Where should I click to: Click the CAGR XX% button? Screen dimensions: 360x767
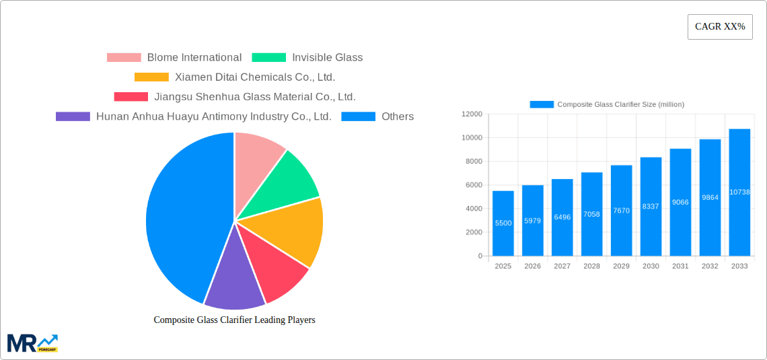[x=720, y=27]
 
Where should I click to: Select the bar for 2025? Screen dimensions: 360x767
[x=503, y=223]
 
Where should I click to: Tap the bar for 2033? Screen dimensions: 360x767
[x=739, y=192]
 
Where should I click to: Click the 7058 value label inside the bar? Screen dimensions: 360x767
[x=591, y=214]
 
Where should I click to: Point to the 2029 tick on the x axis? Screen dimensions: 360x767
[x=621, y=266]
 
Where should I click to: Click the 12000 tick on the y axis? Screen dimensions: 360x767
[x=472, y=114]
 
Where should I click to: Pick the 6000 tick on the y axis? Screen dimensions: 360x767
[x=474, y=185]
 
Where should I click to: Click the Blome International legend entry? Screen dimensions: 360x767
[x=174, y=58]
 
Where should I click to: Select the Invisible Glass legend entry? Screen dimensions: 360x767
[x=307, y=58]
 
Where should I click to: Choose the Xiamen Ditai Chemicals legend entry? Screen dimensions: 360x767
[x=235, y=77]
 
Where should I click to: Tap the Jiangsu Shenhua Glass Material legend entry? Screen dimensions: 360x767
[x=235, y=97]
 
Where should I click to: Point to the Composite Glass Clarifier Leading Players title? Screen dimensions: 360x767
[x=234, y=320]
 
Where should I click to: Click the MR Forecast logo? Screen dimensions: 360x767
[x=32, y=343]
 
